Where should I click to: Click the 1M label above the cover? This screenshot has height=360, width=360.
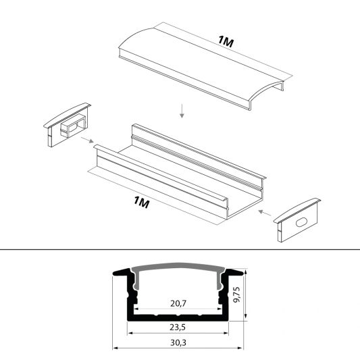[226, 41]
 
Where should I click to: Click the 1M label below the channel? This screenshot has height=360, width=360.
[141, 203]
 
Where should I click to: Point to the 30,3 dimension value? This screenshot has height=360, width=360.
[178, 342]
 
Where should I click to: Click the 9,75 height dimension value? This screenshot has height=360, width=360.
[253, 294]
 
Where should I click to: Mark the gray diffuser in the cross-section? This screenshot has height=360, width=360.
[178, 268]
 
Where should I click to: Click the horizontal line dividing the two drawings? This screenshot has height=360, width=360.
[180, 250]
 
